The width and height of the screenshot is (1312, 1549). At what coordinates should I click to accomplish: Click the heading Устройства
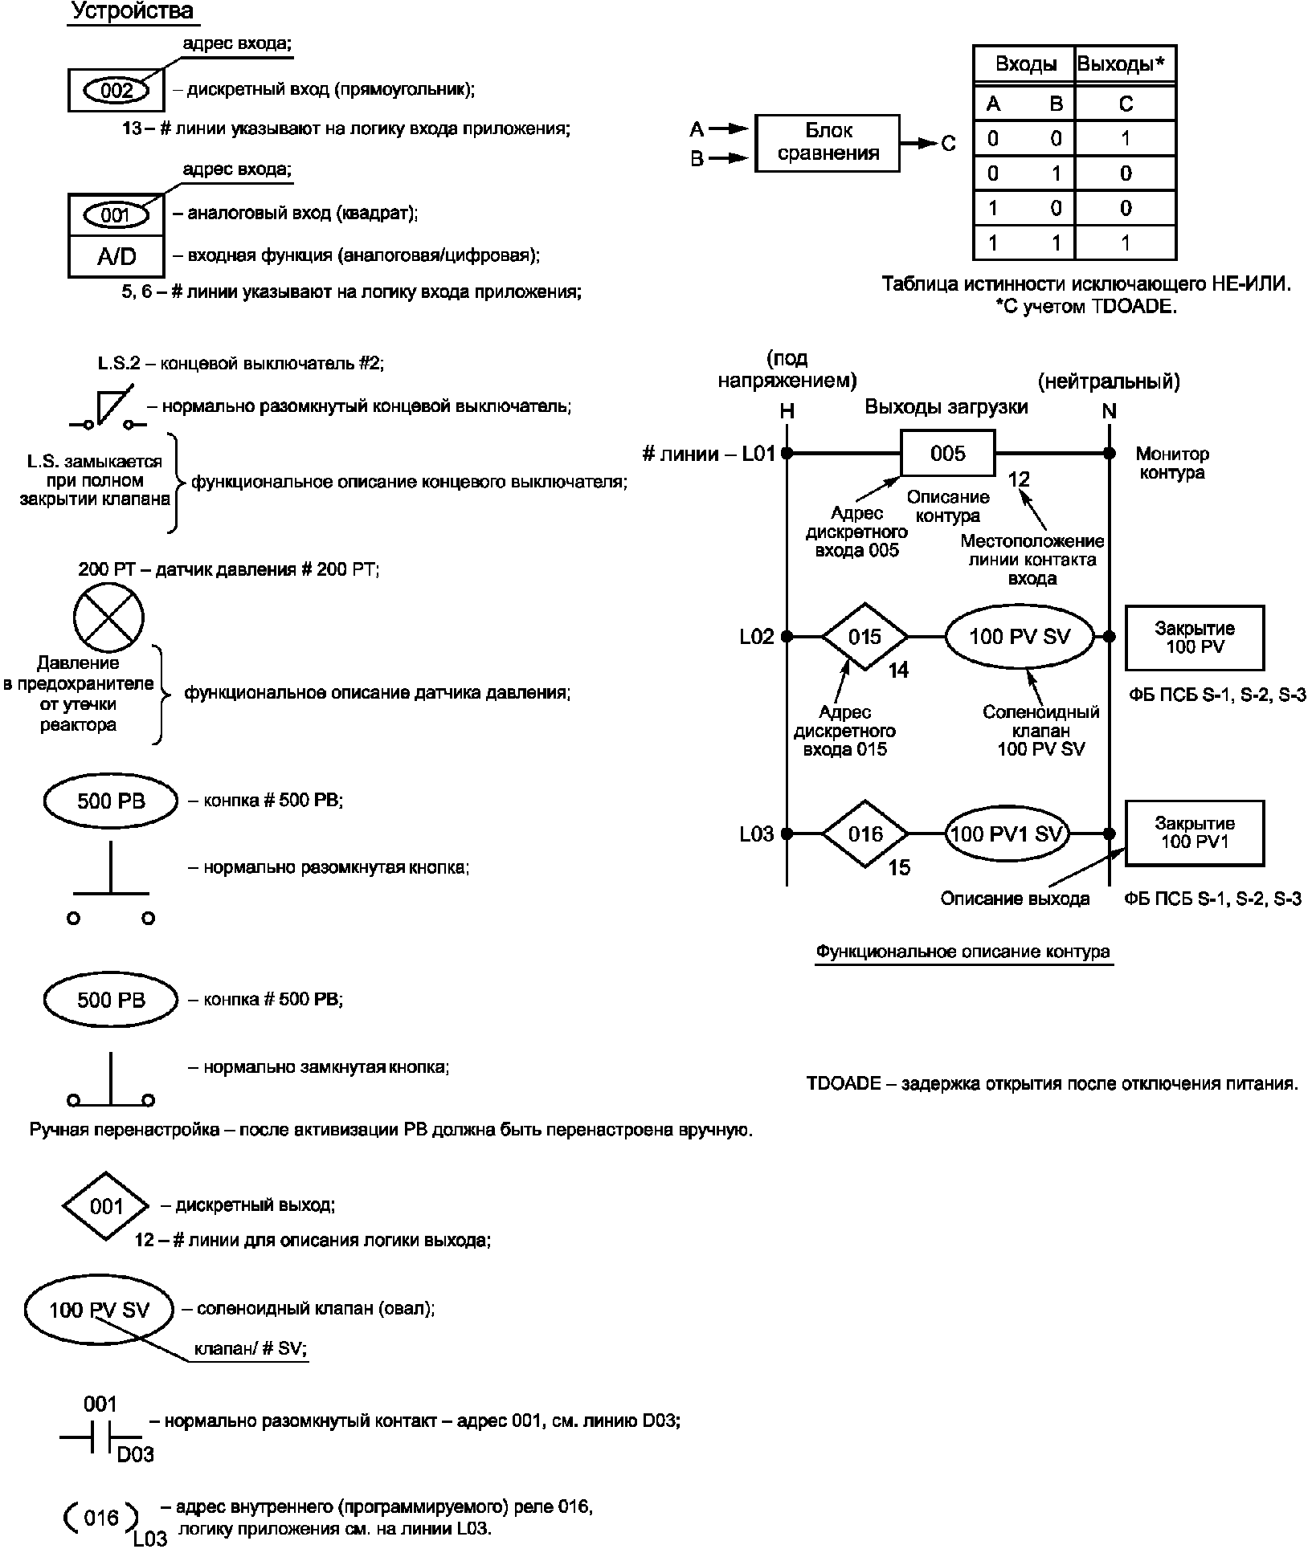[x=133, y=11]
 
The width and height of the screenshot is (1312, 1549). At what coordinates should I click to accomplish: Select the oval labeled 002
[x=117, y=90]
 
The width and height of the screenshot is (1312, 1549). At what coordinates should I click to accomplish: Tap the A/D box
[x=116, y=257]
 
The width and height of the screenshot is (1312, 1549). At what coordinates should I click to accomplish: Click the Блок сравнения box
[x=828, y=143]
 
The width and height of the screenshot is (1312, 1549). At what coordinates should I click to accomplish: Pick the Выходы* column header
[x=1125, y=63]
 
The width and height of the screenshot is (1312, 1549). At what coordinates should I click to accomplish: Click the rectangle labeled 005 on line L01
[x=947, y=454]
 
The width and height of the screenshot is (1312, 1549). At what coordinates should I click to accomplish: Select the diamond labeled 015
[x=864, y=637]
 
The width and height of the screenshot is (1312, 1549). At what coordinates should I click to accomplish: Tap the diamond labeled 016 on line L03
[x=864, y=834]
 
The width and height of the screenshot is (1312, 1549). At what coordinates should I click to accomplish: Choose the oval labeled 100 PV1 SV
[x=1007, y=834]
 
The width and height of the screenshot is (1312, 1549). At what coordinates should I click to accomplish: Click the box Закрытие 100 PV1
[x=1195, y=833]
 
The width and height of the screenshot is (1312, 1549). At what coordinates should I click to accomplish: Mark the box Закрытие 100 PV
[x=1195, y=638]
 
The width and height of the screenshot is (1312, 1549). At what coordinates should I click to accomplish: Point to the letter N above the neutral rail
[x=1109, y=411]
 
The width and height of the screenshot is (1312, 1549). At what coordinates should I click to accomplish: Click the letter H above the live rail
[x=787, y=411]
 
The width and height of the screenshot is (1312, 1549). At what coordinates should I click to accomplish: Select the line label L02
[x=756, y=637]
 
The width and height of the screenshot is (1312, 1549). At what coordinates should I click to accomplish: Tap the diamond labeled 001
[x=106, y=1206]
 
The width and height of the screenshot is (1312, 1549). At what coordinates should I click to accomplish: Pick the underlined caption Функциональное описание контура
[x=963, y=952]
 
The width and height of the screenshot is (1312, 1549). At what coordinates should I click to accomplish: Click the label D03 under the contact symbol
[x=135, y=1454]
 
